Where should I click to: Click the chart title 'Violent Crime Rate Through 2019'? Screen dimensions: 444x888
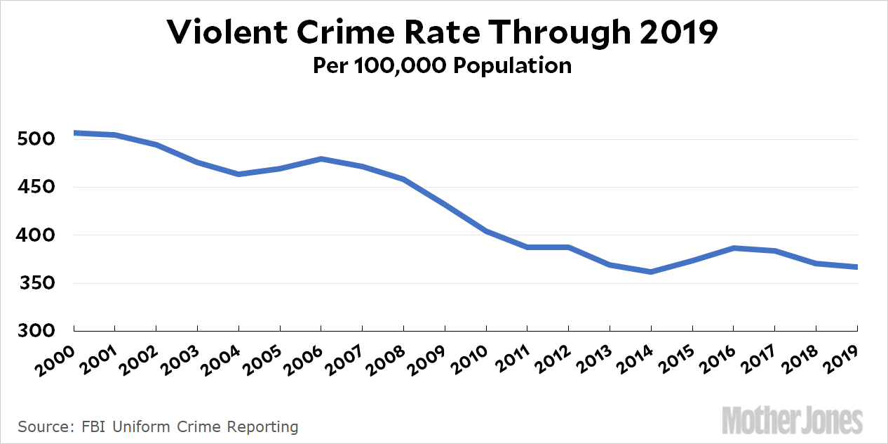[x=443, y=32]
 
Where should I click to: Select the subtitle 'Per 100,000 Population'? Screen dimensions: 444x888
[x=443, y=65]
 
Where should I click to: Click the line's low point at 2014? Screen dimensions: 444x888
[x=651, y=272]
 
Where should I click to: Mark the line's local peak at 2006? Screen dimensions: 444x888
[x=321, y=159]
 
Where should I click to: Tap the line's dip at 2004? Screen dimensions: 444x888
[x=238, y=174]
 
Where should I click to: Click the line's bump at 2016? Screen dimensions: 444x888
[x=734, y=248]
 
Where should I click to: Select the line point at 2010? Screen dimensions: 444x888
[x=486, y=231]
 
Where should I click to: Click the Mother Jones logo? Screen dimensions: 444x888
[x=792, y=421]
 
